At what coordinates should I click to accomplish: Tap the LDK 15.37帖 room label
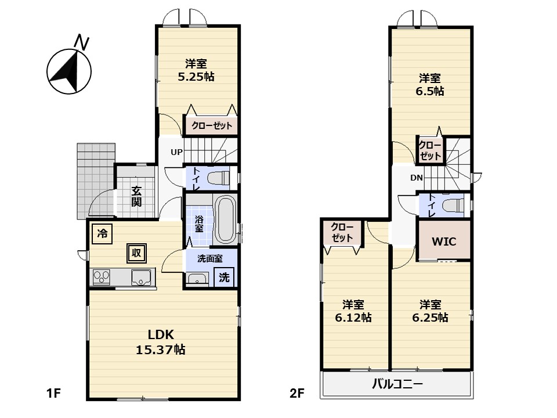[x=161, y=342]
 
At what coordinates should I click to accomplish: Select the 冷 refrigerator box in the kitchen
[x=102, y=233]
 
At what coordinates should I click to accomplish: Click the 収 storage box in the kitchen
[x=137, y=253]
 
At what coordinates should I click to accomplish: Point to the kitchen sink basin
[x=143, y=278]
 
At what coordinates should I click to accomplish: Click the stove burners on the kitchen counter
[x=102, y=277]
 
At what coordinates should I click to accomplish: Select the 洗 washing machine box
[x=224, y=277]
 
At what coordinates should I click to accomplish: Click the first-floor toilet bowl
[x=219, y=178]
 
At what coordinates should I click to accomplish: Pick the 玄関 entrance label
[x=136, y=196]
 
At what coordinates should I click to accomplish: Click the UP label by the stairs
[x=176, y=152]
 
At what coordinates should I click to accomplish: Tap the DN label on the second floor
[x=417, y=178]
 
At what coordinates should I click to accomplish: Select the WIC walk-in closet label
[x=444, y=242]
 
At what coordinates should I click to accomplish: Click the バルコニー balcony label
[x=397, y=384]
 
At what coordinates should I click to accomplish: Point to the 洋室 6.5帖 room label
[x=430, y=85]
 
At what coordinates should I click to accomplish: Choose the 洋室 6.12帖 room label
[x=353, y=311]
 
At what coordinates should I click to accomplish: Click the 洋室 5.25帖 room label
[x=196, y=70]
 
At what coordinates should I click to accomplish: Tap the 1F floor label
[x=53, y=393]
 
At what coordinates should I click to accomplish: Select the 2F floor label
[x=296, y=393]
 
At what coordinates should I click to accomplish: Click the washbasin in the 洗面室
[x=197, y=279]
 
